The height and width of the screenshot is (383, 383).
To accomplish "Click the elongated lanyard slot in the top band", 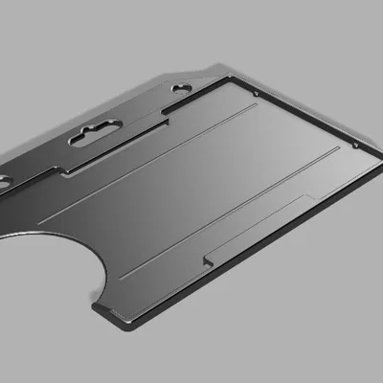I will click(97, 133).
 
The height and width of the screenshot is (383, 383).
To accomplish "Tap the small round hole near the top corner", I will click(183, 88).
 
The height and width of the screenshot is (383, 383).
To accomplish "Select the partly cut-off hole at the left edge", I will click(4, 179).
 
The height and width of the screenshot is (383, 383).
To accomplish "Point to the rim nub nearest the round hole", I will click(257, 94).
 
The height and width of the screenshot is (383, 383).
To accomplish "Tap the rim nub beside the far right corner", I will click(355, 145).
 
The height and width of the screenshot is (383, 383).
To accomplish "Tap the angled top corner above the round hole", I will click(208, 71).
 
